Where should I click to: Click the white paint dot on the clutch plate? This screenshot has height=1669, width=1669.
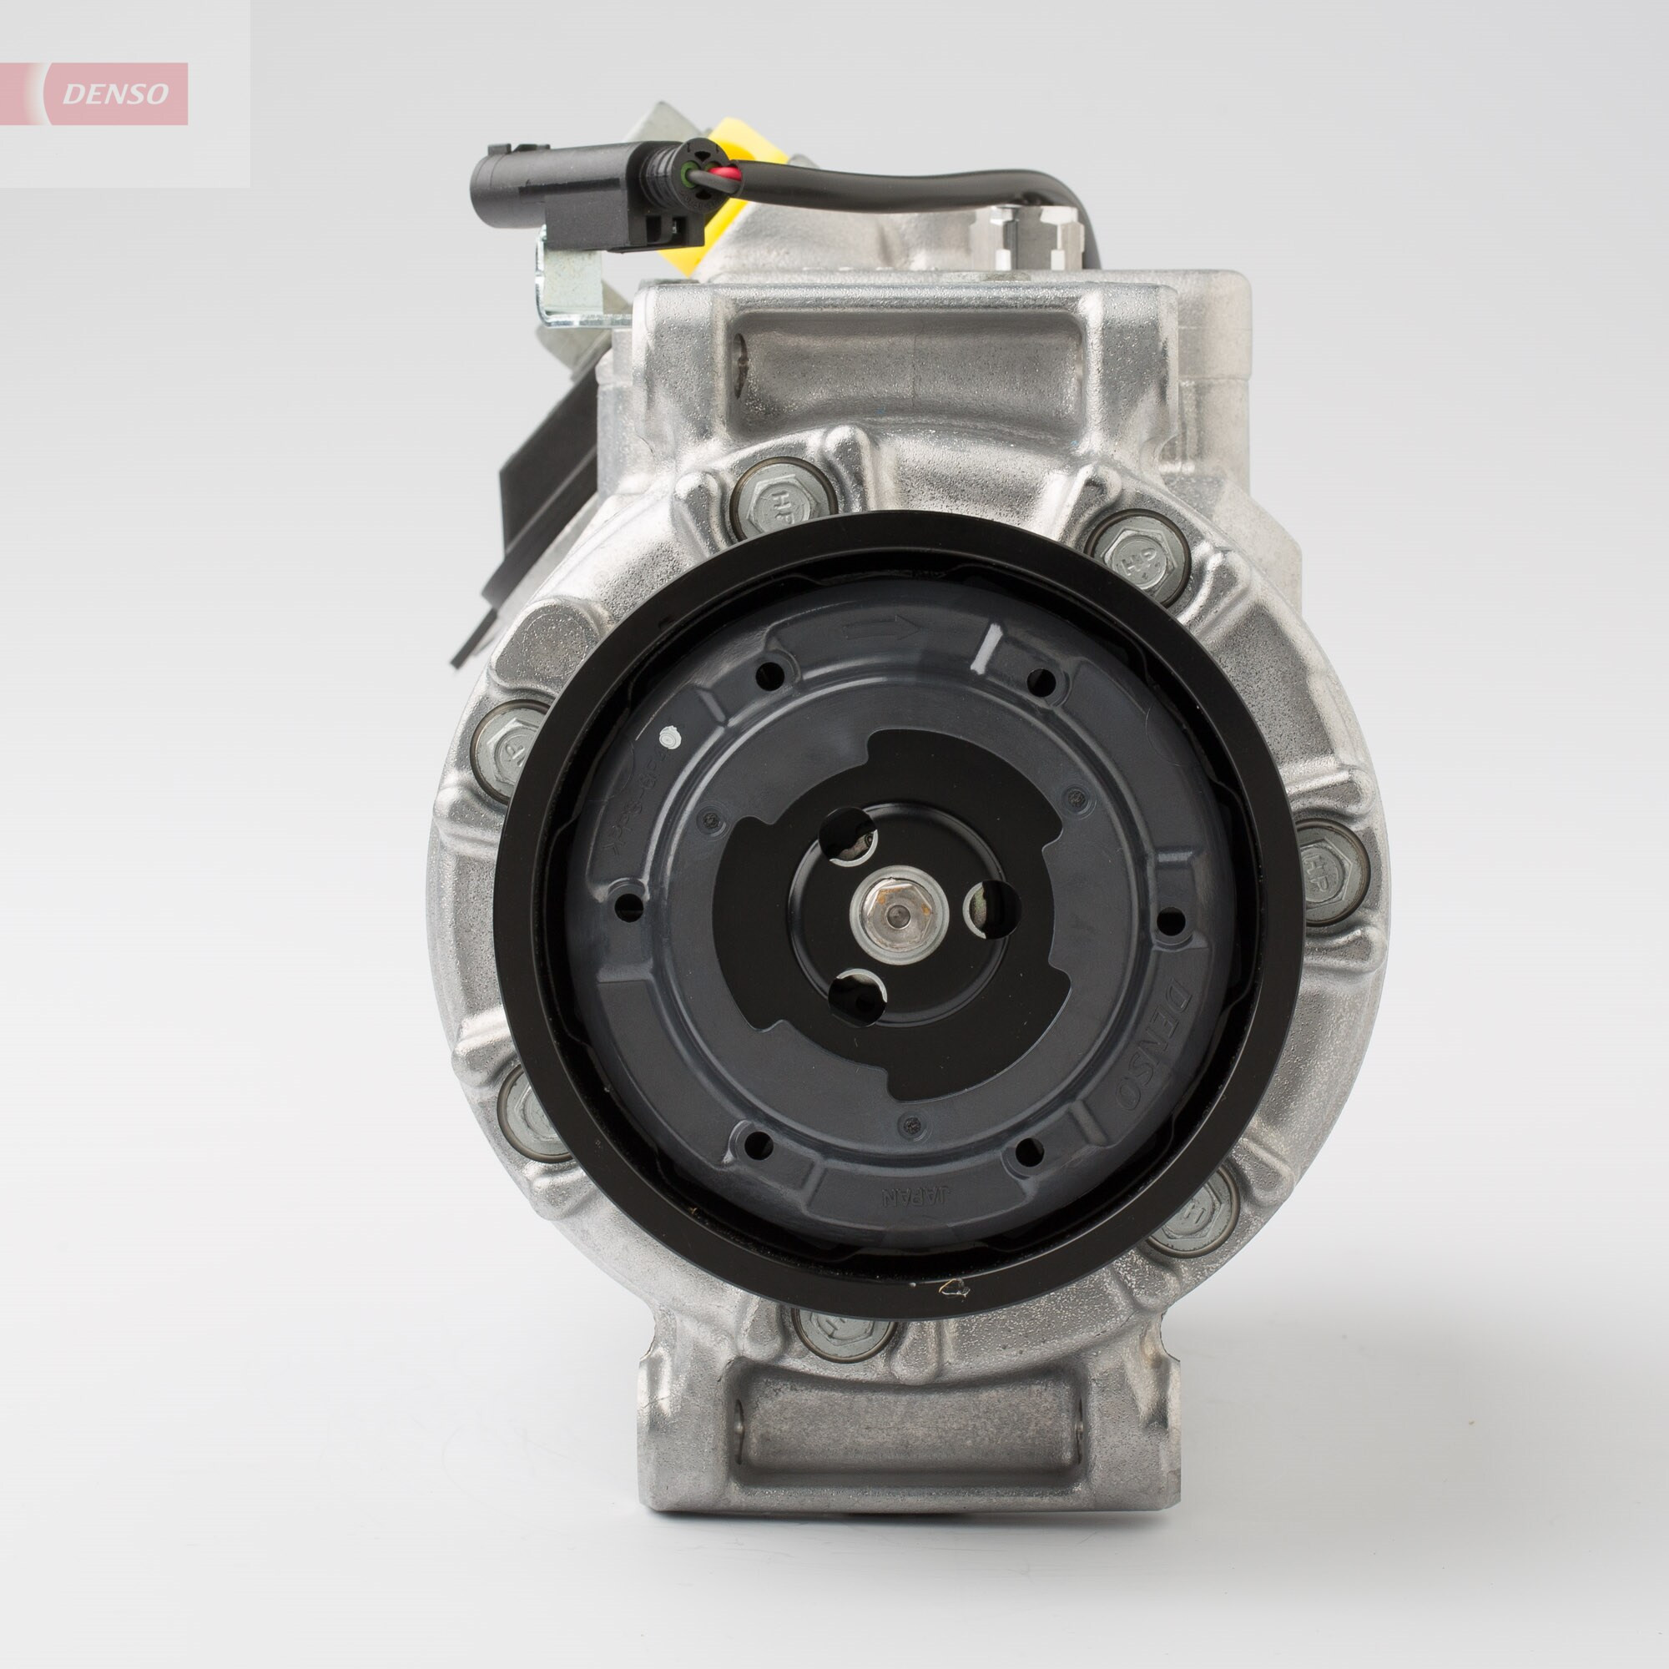pyautogui.click(x=668, y=737)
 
